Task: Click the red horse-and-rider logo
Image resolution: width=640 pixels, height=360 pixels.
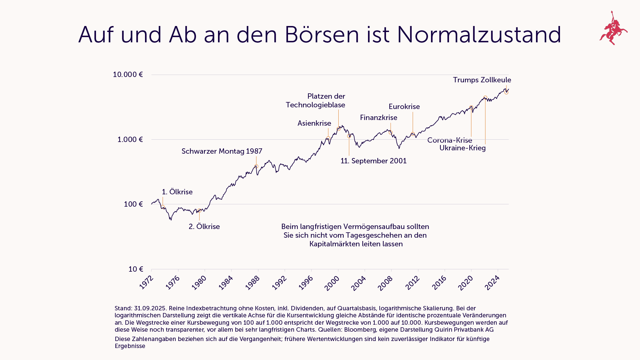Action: pos(613,28)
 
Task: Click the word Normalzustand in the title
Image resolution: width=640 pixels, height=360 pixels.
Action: pos(479,35)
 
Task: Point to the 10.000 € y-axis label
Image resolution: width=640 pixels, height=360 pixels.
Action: pos(128,74)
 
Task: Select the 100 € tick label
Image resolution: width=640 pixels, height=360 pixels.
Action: pos(133,204)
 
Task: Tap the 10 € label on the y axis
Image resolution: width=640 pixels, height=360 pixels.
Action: pos(136,269)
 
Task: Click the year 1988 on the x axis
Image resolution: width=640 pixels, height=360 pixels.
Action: pos(252,283)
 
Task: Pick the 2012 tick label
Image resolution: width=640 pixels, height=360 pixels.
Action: pos(412,283)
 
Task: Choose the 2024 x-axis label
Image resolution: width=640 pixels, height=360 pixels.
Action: pos(492,283)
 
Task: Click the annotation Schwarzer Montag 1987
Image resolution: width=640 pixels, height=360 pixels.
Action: pos(222,151)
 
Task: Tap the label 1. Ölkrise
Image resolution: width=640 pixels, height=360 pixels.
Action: pos(177,192)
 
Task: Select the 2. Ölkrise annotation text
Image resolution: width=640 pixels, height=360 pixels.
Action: pos(204,227)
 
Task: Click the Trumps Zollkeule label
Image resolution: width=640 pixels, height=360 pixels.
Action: pos(482,80)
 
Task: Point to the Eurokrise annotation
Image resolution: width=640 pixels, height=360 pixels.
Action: pos(404,107)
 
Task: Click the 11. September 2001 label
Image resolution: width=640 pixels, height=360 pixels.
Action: pos(373,161)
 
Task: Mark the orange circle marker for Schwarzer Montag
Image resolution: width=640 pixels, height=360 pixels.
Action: pos(256,166)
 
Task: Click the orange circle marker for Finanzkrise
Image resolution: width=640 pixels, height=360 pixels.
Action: pos(391,133)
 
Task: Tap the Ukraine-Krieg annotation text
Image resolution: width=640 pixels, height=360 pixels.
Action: pos(462,148)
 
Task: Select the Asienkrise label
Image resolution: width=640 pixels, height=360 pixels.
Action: pos(314,123)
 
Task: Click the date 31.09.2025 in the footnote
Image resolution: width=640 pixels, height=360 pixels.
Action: pos(150,308)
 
